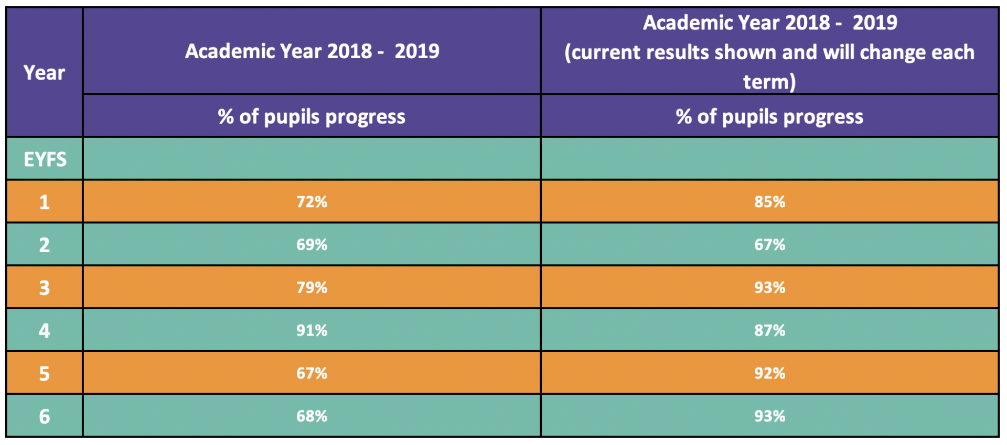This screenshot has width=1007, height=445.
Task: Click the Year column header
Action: [45, 73]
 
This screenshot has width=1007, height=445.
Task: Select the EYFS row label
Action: [45, 159]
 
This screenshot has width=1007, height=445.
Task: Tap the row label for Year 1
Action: [45, 202]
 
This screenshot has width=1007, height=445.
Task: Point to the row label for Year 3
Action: [45, 288]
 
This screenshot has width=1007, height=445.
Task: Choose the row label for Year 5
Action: [45, 374]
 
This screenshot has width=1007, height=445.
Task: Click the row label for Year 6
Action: [45, 417]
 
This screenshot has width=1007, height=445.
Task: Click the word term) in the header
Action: [769, 82]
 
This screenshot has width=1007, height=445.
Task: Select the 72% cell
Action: [312, 202]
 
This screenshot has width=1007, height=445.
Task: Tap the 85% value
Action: [769, 202]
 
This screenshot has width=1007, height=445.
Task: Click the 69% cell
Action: [312, 245]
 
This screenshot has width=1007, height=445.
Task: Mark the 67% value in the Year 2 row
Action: [769, 245]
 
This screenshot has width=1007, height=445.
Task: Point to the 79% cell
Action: [312, 288]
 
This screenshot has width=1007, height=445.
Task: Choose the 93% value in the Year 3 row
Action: [769, 288]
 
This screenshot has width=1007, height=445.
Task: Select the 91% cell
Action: [312, 331]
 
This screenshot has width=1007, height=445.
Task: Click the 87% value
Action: [769, 331]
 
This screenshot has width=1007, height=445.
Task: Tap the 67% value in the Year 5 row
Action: [312, 374]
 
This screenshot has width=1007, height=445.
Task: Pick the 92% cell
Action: [769, 374]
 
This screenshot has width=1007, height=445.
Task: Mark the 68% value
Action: [312, 417]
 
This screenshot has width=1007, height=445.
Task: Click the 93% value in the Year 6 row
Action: [769, 417]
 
